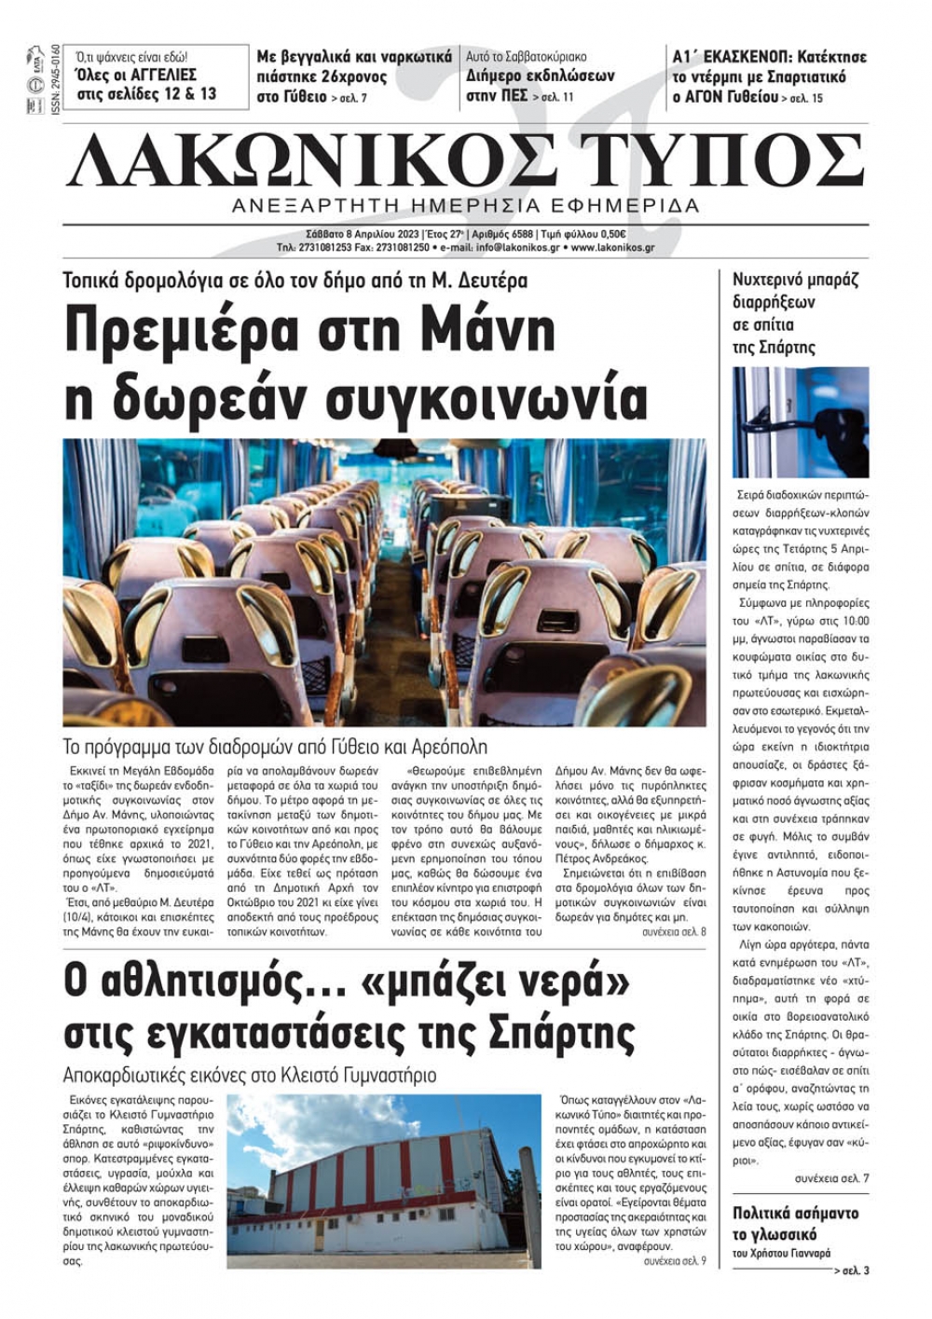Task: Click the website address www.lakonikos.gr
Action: [612, 248]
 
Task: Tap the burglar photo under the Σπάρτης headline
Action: [800, 422]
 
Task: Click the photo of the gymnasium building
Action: [383, 1181]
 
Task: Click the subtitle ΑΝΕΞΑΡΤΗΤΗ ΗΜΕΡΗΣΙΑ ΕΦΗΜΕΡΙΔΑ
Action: [465, 205]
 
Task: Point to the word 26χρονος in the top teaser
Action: [353, 76]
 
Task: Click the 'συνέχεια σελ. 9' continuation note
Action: [675, 1261]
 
